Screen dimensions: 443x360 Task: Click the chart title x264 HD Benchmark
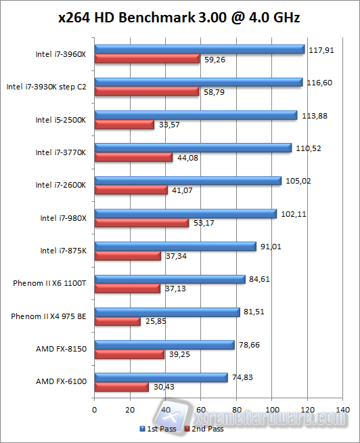coord(179,18)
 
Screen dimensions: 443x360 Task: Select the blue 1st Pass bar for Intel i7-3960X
coord(199,49)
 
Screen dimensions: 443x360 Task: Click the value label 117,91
coord(320,49)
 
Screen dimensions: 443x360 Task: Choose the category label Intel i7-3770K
coord(61,152)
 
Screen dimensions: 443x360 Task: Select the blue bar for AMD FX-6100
coord(160,377)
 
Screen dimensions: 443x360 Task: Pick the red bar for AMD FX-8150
coord(129,354)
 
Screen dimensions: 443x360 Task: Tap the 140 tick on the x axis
coord(343,410)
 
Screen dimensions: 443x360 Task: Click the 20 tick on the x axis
coord(130,410)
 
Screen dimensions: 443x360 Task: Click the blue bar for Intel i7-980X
coord(185,213)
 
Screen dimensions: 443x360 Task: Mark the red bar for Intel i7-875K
coord(127,256)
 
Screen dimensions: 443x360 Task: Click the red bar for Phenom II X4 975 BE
coord(117,321)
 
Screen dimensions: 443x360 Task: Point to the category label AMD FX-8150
coord(61,349)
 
